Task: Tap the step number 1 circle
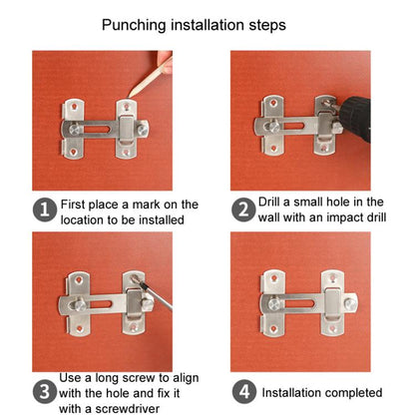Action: tap(44, 210)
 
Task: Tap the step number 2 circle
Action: tap(242, 208)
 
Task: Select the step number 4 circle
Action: tap(242, 391)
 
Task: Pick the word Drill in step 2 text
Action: tap(275, 202)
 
